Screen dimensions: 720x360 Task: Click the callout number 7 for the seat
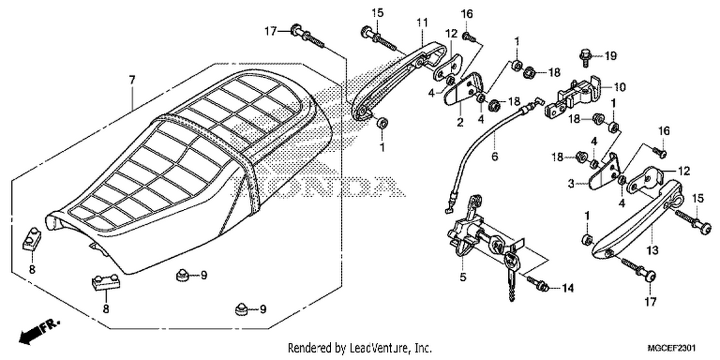[132, 80]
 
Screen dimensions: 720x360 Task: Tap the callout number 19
[611, 56]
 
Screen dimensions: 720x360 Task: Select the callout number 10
[620, 87]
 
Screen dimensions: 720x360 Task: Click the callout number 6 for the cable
[495, 156]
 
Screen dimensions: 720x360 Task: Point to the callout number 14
[568, 288]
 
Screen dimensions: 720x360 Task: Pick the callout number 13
[652, 250]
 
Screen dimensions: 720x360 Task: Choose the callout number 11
[422, 23]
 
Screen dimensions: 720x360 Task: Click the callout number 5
[463, 277]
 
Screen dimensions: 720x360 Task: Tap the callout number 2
[460, 122]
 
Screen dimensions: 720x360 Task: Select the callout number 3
[571, 183]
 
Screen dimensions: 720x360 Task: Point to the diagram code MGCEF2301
[672, 348]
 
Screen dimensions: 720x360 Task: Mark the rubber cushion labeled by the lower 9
[242, 309]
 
